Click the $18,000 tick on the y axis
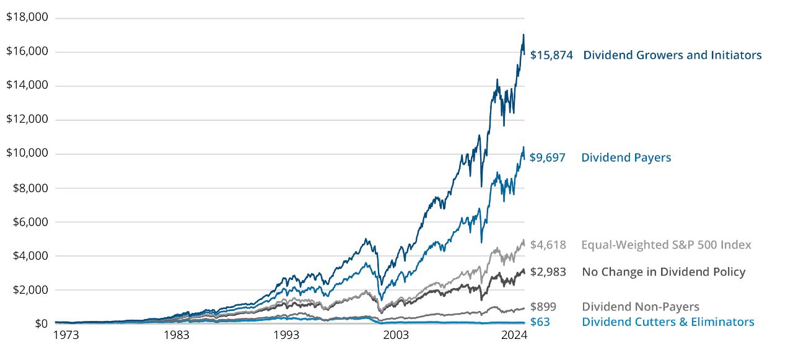coord(27,17)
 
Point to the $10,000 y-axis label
coord(27,154)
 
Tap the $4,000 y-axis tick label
coord(30,256)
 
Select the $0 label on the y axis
coord(41,324)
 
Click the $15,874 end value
coord(551,55)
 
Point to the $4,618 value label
coord(548,245)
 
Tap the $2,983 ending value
coord(548,272)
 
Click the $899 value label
coord(543,307)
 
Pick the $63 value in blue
coord(540,322)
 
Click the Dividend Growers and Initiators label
coord(672,55)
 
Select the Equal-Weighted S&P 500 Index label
coord(666,245)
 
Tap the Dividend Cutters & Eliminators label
coord(668,322)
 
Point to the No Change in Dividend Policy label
coord(664,272)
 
